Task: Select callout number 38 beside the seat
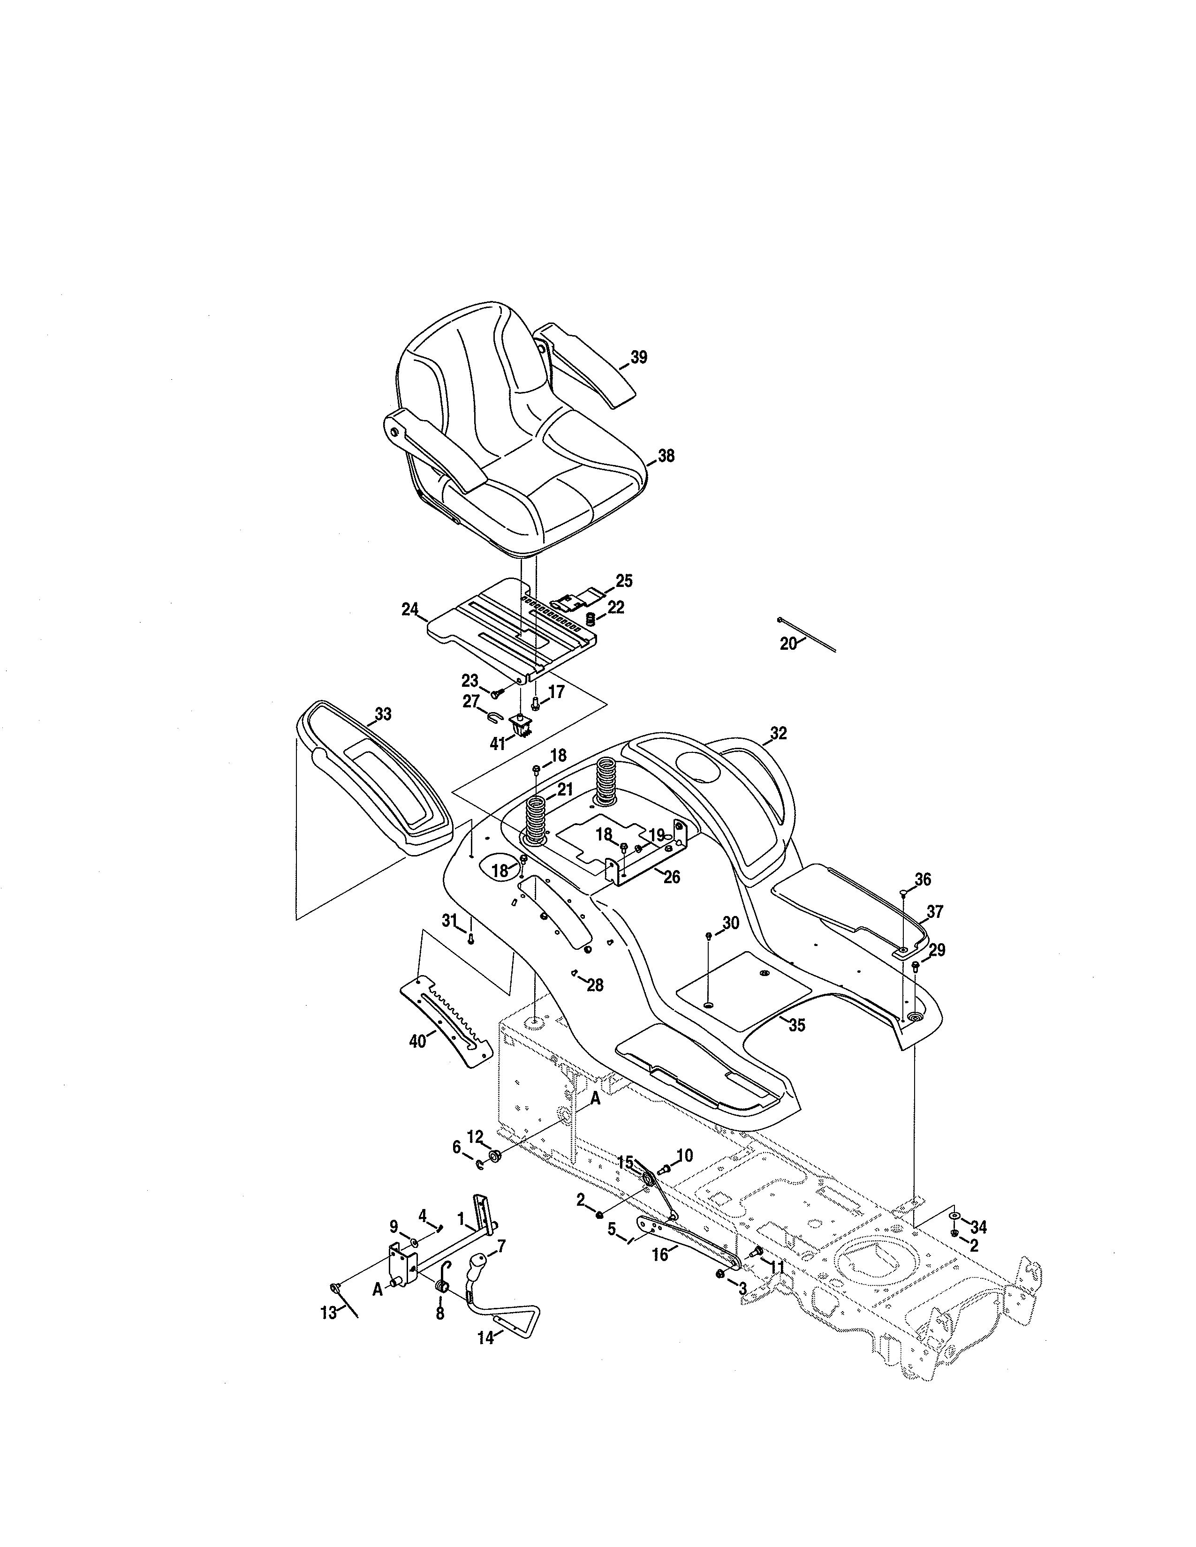click(x=666, y=456)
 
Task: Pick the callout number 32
click(x=778, y=734)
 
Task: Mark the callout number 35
click(x=797, y=1025)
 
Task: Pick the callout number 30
click(x=730, y=923)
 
